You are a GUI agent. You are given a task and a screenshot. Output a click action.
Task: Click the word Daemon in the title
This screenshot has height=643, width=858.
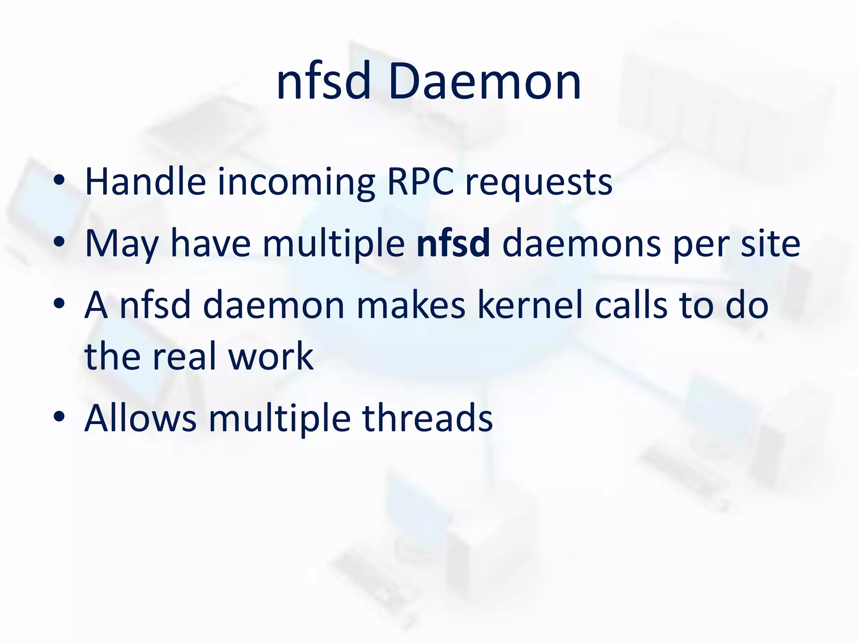484,82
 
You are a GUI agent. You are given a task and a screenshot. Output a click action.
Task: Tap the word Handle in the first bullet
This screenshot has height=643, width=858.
145,182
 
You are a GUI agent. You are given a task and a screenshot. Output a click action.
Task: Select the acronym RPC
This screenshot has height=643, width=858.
420,182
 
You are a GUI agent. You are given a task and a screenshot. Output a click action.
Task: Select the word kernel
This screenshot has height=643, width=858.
530,305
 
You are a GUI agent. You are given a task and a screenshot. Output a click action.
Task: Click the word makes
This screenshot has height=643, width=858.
411,305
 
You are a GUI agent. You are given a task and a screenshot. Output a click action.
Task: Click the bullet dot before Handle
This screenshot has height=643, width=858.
59,181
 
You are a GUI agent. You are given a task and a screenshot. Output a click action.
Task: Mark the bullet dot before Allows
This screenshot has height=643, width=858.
59,417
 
